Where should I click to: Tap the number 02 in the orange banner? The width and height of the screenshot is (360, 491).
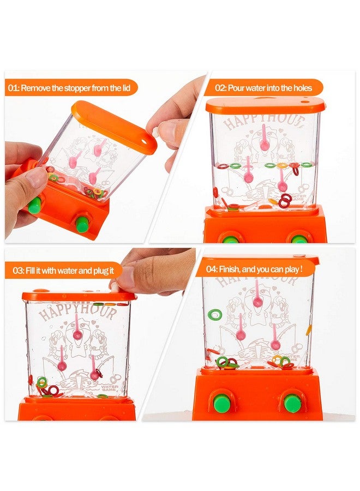tap(220, 87)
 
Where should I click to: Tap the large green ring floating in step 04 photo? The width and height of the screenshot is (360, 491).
tap(215, 314)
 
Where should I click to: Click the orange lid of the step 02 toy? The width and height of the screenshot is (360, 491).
tap(266, 105)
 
